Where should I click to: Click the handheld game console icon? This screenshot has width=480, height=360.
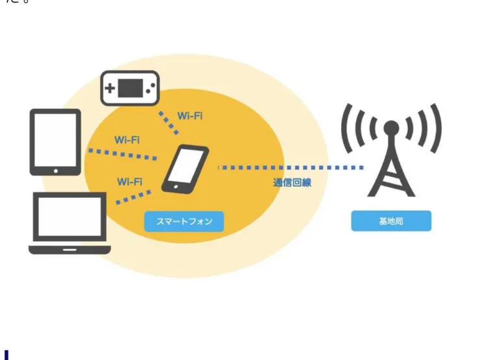130,88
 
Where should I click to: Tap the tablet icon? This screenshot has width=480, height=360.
55,141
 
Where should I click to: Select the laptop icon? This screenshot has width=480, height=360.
69,222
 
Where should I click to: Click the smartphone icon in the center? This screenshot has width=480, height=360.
185,169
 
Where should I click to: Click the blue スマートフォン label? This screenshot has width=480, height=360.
184,221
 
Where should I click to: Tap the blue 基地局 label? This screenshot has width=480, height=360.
391,221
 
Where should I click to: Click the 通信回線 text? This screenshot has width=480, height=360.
292,183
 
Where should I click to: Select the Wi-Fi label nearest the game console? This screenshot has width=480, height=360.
189,116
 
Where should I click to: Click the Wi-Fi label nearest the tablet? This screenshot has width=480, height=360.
126,139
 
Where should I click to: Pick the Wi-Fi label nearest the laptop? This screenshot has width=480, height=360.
130,182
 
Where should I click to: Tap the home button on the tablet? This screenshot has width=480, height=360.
55,171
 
